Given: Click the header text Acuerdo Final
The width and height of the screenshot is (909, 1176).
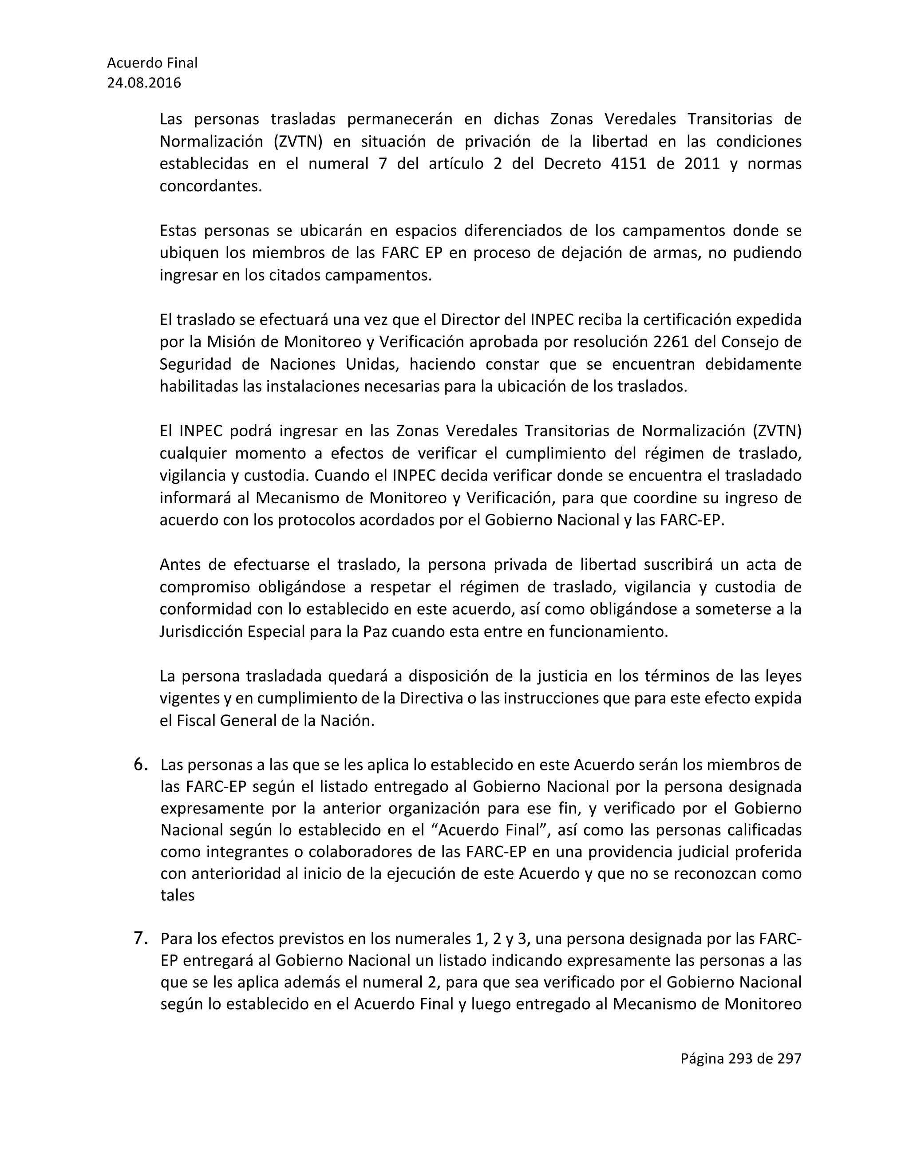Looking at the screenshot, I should tap(152, 63).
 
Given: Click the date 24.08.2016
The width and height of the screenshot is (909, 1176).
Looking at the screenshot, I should tap(144, 83).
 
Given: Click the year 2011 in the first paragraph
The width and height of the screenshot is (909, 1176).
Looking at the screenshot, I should tap(702, 163).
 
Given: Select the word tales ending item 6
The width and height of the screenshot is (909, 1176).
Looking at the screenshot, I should tap(177, 896).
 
